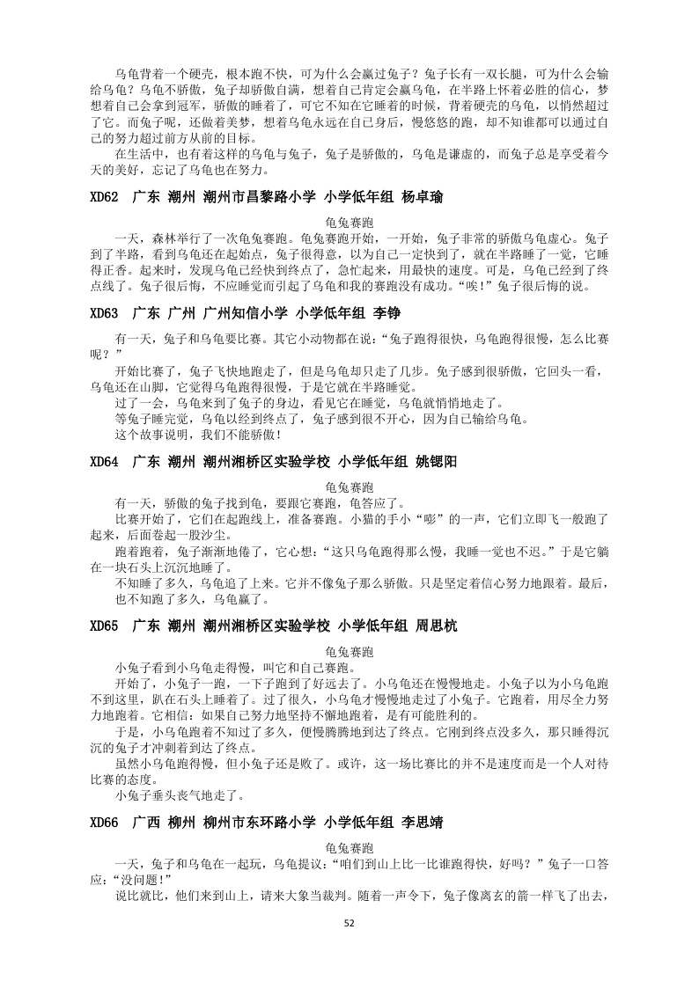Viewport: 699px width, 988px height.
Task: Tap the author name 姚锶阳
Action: pyautogui.click(x=437, y=462)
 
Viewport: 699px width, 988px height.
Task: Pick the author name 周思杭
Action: pyautogui.click(x=437, y=626)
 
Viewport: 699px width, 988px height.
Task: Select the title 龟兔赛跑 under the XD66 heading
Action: pyautogui.click(x=349, y=848)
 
